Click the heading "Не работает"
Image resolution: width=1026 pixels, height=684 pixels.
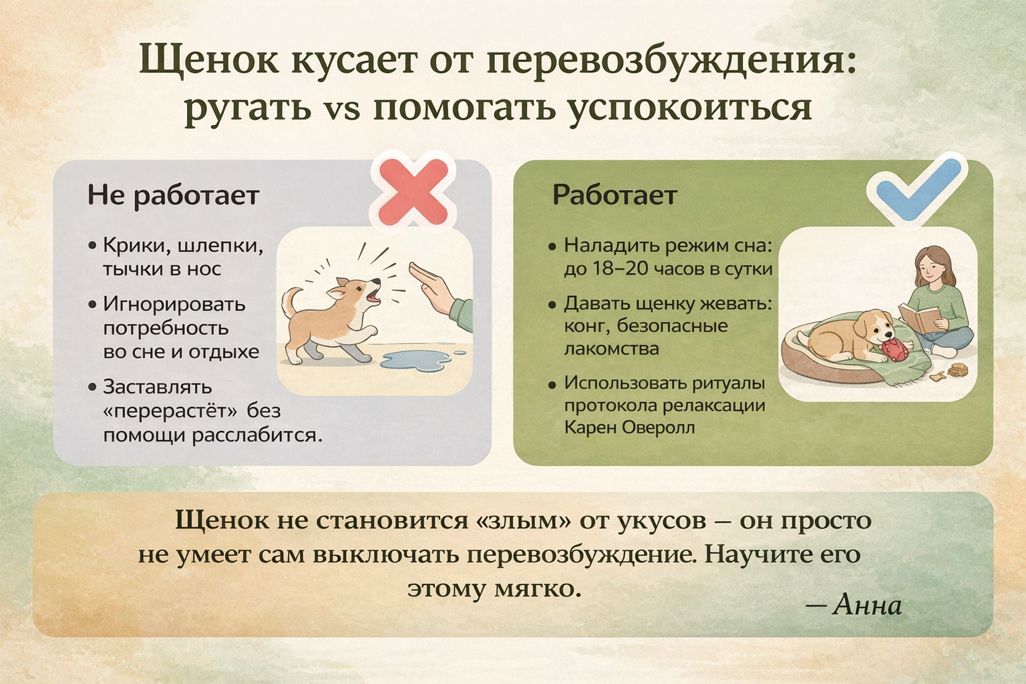tap(174, 196)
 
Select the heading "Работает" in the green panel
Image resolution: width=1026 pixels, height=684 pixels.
tap(615, 195)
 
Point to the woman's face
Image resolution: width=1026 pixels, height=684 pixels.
tap(927, 271)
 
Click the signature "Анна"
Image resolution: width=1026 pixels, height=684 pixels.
tap(868, 605)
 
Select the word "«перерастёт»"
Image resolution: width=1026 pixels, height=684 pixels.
tap(170, 411)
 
